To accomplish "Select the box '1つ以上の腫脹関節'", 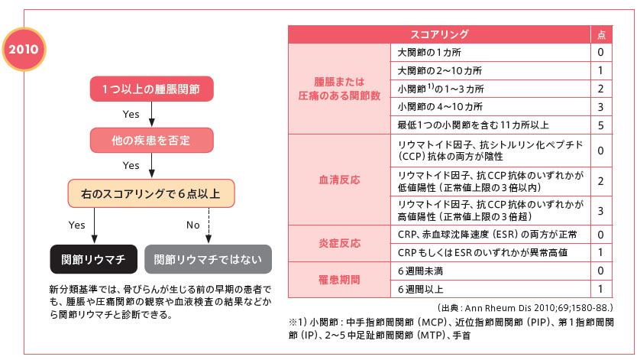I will click(x=152, y=89).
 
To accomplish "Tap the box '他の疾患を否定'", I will click(x=152, y=141).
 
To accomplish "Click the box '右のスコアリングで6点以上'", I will click(x=152, y=193).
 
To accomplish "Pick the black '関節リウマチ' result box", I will click(x=93, y=259).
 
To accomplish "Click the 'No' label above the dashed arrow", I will click(x=192, y=225).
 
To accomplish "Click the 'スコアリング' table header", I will click(x=439, y=34).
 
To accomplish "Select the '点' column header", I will click(x=600, y=34).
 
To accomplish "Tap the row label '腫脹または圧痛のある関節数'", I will click(x=338, y=88).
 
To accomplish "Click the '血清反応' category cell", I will click(x=338, y=180).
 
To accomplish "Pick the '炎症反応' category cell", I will click(x=338, y=243).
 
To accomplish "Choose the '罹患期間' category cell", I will click(x=338, y=280).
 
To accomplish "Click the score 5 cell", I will click(x=600, y=124).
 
